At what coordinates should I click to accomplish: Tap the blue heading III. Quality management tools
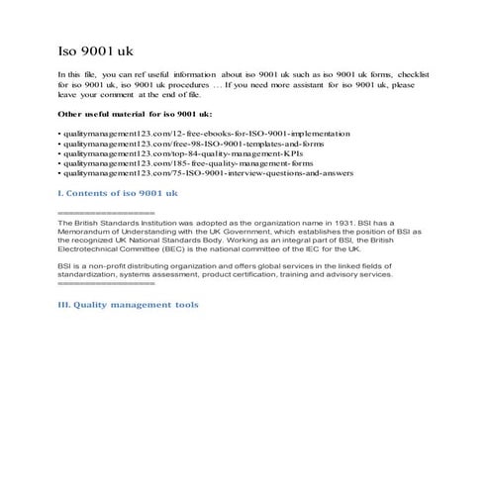(x=129, y=305)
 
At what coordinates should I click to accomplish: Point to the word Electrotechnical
(x=89, y=250)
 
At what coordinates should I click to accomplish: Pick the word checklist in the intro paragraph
(x=422, y=74)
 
